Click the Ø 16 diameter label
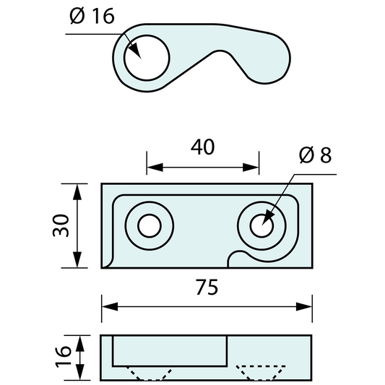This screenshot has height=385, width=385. coord(92,17)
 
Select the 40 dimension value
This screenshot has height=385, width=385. coord(202,147)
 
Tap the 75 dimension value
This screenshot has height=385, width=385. coord(207,287)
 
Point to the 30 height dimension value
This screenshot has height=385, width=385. coord(63,225)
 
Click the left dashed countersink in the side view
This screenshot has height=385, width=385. coord(150,373)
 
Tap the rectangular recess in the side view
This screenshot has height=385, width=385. coord(170,350)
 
